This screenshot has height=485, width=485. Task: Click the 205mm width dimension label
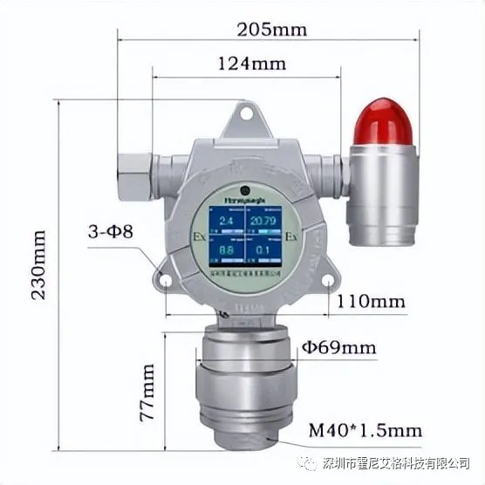coord(272,29)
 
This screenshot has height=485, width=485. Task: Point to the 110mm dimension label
coord(371,302)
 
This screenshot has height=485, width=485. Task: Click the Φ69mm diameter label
coord(338,348)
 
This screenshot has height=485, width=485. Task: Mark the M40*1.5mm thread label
coord(365,430)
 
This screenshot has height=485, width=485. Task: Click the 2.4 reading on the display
coord(225,222)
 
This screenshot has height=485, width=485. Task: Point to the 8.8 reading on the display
coord(225,252)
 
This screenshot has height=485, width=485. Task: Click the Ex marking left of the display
coord(197,236)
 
